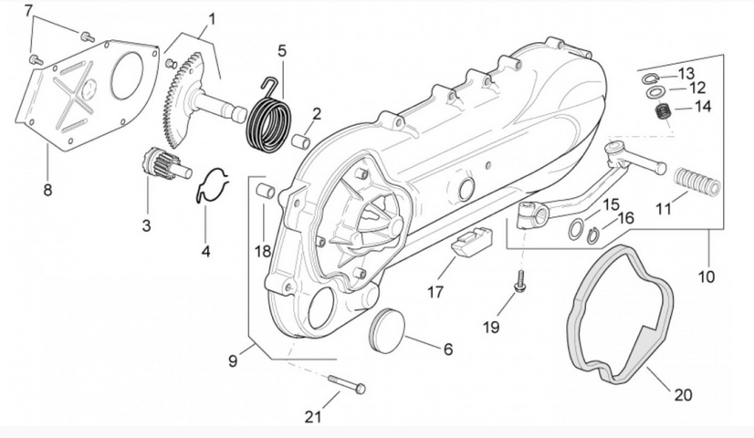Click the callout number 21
pos(313,417)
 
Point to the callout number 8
pos(47,190)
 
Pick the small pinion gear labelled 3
pos(152,165)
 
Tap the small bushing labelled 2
pos(299,141)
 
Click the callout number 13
pos(686,73)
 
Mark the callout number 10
pos(708,275)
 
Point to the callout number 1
pos(212,18)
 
